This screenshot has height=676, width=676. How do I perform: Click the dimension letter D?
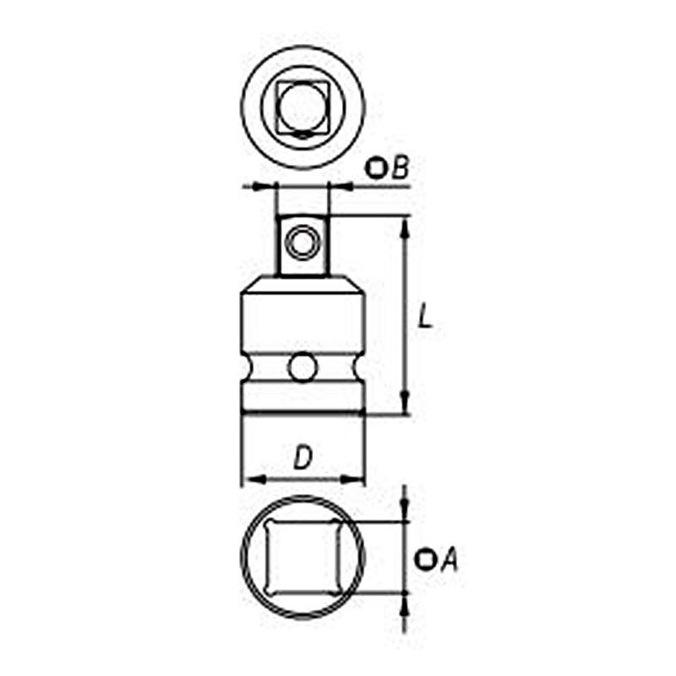(303, 458)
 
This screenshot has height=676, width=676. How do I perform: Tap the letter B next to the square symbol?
(400, 168)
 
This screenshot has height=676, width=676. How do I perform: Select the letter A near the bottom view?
(449, 559)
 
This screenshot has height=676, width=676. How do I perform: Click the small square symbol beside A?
(426, 559)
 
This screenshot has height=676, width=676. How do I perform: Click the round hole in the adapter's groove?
(302, 368)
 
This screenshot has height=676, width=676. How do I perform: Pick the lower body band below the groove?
(303, 399)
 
